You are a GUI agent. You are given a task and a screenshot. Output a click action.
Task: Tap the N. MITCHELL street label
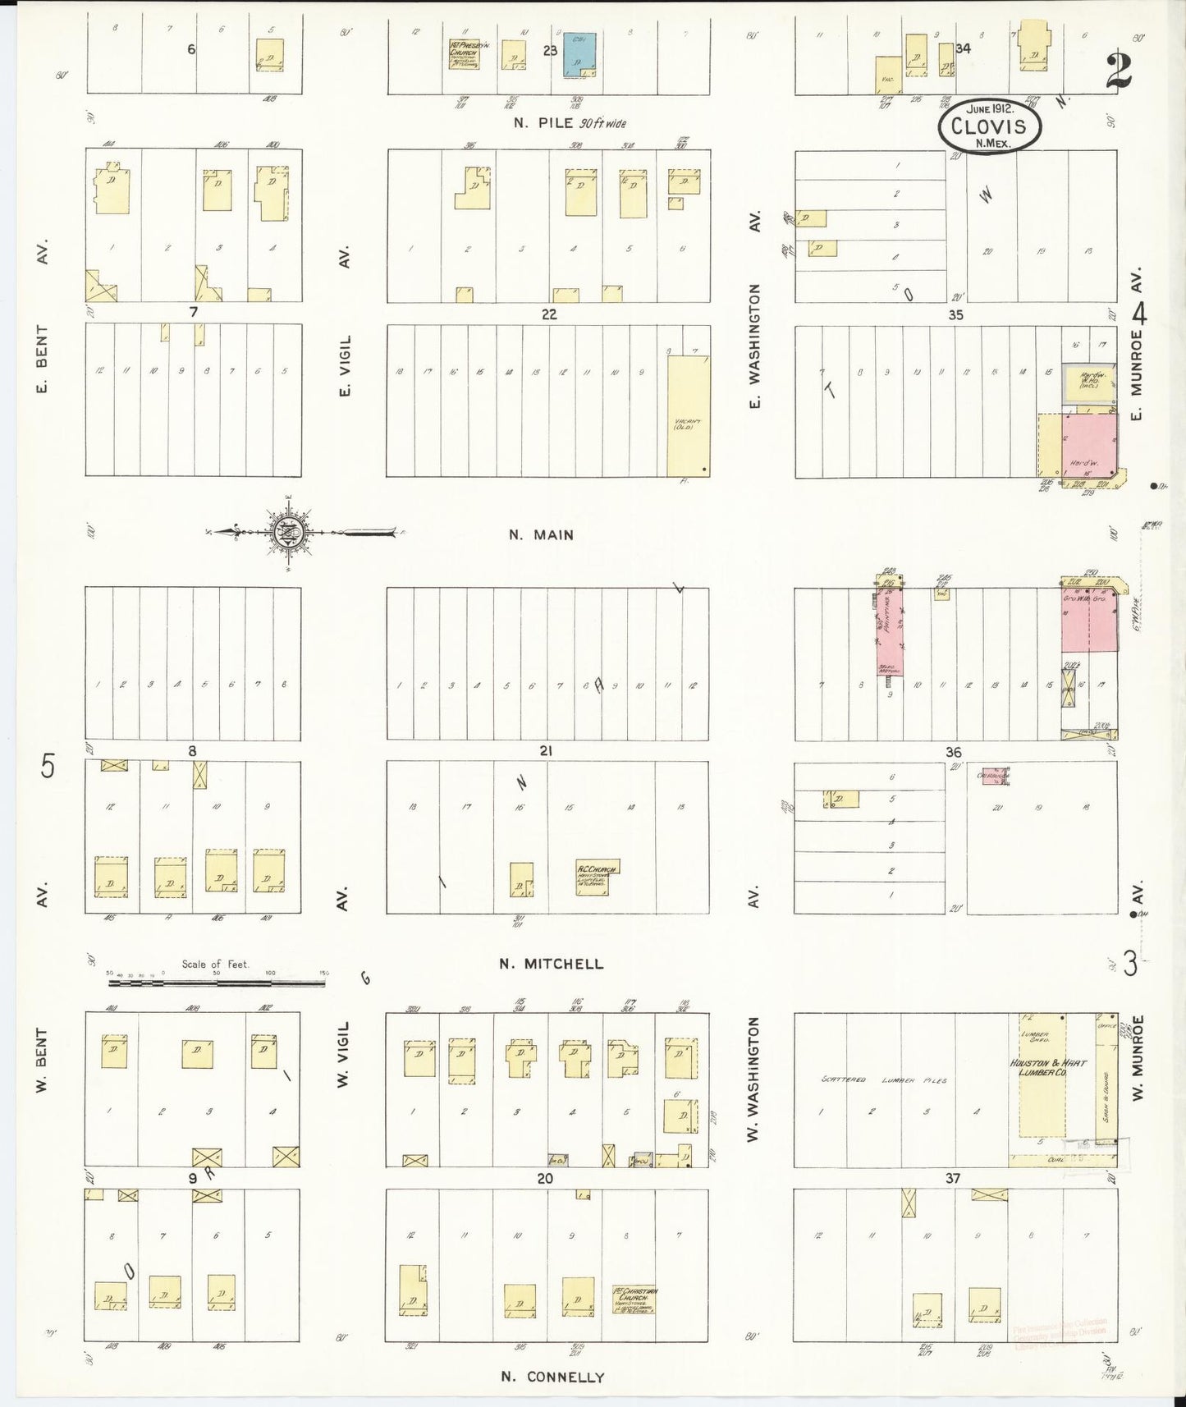(x=552, y=964)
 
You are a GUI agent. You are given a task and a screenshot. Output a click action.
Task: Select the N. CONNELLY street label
(x=552, y=1377)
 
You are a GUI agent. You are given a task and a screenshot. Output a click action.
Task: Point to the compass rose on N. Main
(x=288, y=532)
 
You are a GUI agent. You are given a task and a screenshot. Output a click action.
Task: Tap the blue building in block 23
(x=579, y=55)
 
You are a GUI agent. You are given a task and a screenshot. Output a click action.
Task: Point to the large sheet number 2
(x=1118, y=71)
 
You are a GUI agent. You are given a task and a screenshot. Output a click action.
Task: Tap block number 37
(x=952, y=1178)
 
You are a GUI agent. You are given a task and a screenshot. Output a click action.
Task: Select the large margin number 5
(x=48, y=767)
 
